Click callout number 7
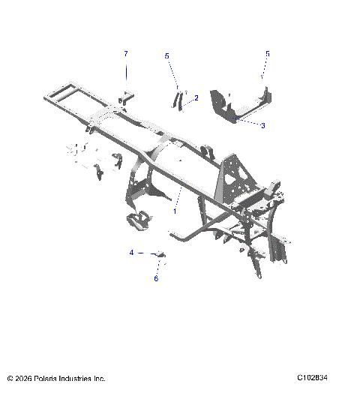click(x=126, y=53)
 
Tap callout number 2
click(x=196, y=97)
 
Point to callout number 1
click(x=175, y=211)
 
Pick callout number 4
click(x=131, y=253)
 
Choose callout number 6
click(x=156, y=278)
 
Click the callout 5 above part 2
click(x=167, y=55)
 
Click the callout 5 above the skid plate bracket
click(x=267, y=54)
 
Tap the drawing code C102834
click(x=313, y=378)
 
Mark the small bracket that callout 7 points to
click(x=127, y=97)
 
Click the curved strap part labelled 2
click(x=179, y=100)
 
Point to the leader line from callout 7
click(x=126, y=71)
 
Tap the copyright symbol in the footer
click(x=10, y=379)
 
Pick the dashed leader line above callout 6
click(x=157, y=268)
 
